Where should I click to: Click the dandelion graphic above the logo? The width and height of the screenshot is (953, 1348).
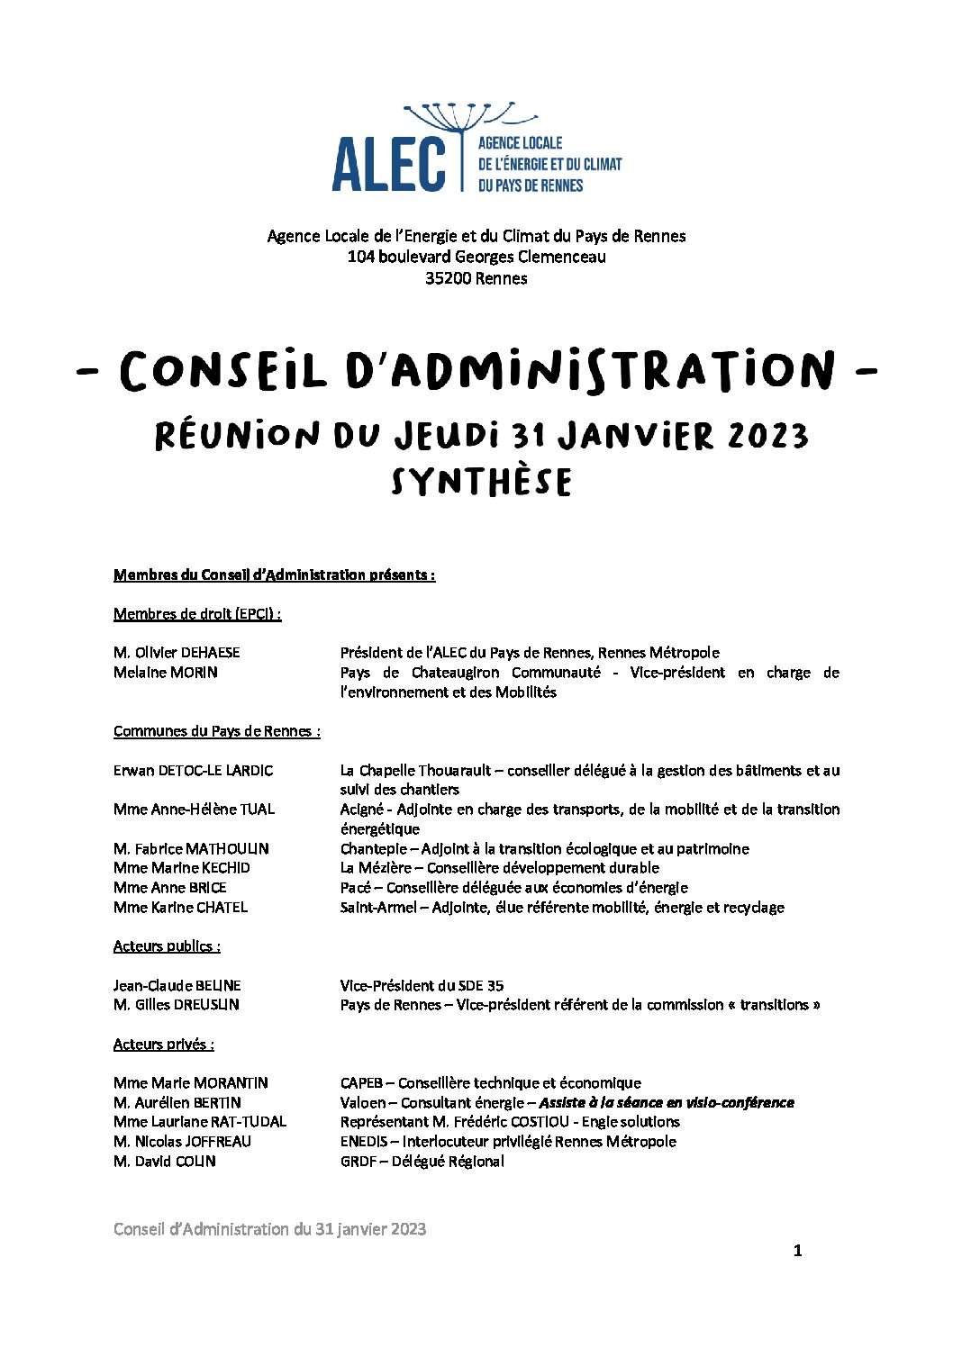pos(469,117)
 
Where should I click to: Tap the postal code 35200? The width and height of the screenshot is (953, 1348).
pos(449,278)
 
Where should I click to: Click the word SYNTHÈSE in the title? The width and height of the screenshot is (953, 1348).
pos(482,482)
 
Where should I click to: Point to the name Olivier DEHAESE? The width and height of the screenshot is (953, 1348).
pos(186,652)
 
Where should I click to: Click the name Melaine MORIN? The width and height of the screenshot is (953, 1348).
pos(166,672)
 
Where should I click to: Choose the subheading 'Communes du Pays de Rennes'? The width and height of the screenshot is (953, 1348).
pos(216,731)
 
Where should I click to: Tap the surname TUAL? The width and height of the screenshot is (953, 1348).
pos(257,809)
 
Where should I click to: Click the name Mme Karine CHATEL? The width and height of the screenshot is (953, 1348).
pos(180,907)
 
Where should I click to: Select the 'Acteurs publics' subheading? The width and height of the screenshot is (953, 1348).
pos(167,945)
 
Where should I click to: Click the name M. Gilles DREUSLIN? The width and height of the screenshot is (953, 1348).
pos(177,1004)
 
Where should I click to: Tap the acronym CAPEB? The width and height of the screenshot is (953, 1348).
pos(361,1082)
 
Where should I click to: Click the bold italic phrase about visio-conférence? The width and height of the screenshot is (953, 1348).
pos(667,1102)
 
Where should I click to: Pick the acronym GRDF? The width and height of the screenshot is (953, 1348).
pos(359,1161)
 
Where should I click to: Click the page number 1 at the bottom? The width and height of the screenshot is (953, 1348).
pos(797,1250)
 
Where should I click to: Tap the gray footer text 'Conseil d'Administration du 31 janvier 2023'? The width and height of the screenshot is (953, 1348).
pos(269,1229)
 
